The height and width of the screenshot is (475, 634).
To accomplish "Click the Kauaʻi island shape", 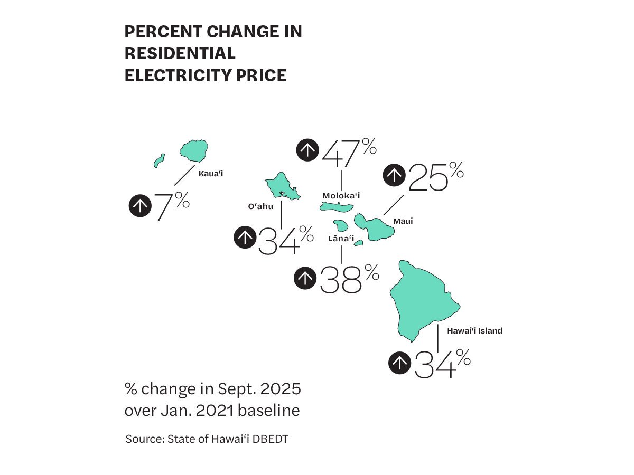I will [194, 151].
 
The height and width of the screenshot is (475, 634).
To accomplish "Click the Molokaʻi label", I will [341, 196].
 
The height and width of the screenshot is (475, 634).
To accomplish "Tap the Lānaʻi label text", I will [341, 239].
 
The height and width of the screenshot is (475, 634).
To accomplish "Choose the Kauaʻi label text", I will [210, 173].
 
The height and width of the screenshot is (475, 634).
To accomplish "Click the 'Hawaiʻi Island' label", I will [474, 331].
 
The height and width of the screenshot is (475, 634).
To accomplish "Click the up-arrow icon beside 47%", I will [307, 150].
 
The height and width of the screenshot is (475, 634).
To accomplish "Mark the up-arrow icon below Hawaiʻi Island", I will [400, 363].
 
